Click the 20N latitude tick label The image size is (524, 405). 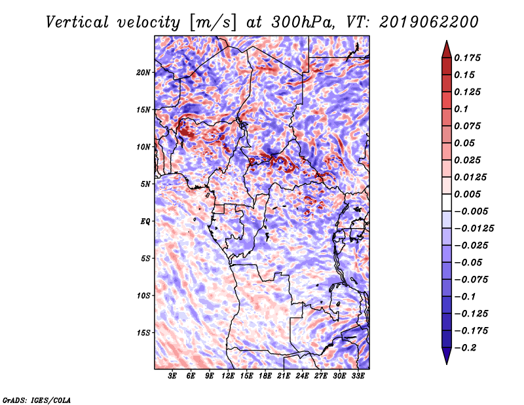143,73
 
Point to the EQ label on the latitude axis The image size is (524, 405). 145,222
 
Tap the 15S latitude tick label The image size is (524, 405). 143,333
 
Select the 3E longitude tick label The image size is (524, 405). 172,376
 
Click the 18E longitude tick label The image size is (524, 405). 265,376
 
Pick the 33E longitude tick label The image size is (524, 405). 358,376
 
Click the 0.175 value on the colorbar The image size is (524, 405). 467,58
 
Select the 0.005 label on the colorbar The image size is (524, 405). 467,194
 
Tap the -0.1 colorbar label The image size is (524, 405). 465,297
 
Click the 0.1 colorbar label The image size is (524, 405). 461,109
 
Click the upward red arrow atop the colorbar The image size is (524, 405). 447,49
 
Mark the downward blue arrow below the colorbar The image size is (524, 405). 447,356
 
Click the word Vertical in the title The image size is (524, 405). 77,22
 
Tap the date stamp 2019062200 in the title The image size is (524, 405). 429,22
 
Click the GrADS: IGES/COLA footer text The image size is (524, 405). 37,400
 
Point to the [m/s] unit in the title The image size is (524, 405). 212,22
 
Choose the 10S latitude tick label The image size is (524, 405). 143,296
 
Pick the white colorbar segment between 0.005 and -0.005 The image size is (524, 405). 447,202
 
